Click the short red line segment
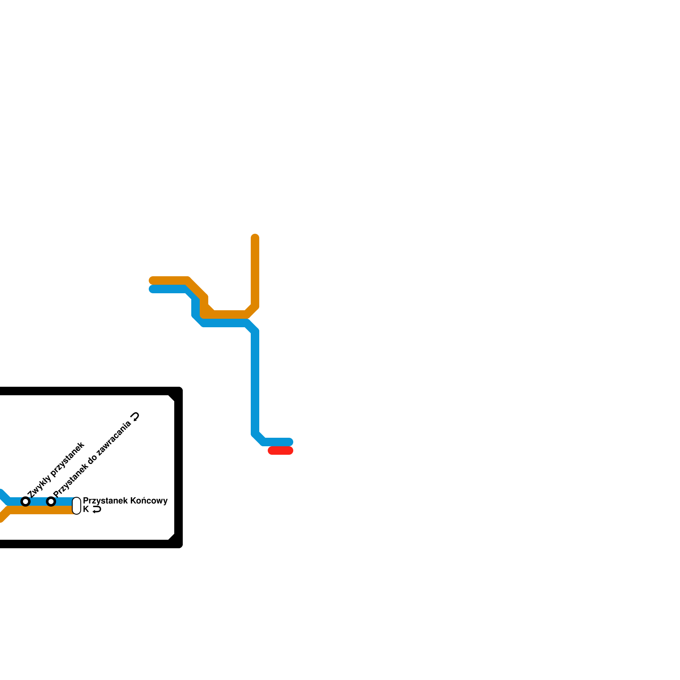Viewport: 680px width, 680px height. pyautogui.click(x=280, y=450)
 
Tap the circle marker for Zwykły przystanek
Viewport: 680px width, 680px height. pyautogui.click(x=25, y=501)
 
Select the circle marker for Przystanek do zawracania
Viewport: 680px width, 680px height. pyautogui.click(x=51, y=501)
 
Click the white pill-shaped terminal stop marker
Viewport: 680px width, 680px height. pyautogui.click(x=76, y=506)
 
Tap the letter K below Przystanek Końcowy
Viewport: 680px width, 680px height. pyautogui.click(x=86, y=509)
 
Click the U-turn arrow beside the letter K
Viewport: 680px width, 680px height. pyautogui.click(x=97, y=510)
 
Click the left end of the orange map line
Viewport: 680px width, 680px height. pyautogui.click(x=153, y=280)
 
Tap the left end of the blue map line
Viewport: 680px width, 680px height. pyautogui.click(x=153, y=289)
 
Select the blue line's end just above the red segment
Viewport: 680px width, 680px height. pyautogui.click(x=289, y=442)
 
